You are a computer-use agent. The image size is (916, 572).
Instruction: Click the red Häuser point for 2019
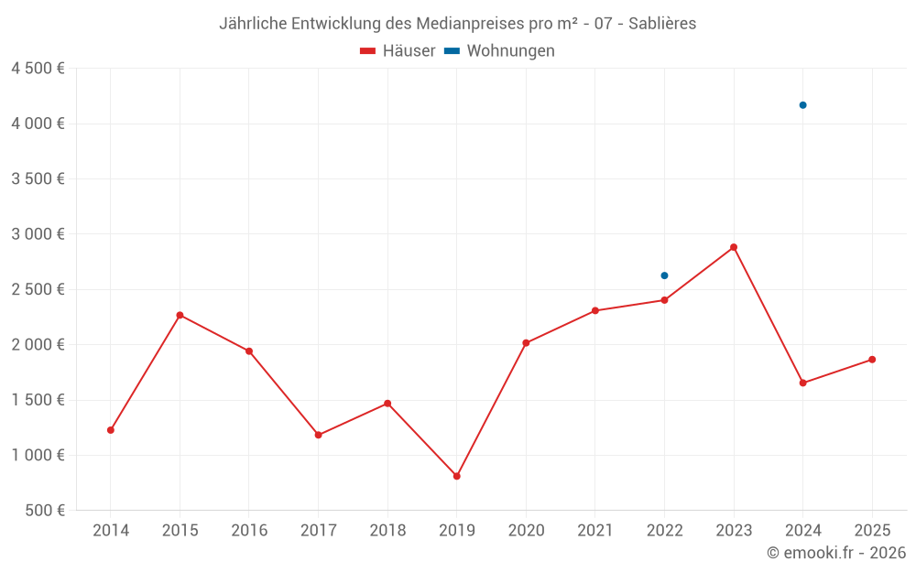pyautogui.click(x=456, y=476)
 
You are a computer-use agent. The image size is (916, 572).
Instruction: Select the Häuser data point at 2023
pyautogui.click(x=734, y=247)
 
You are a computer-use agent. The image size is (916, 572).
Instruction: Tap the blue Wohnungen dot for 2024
pyautogui.click(x=802, y=105)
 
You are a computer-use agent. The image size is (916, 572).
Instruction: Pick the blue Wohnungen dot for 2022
pyautogui.click(x=664, y=275)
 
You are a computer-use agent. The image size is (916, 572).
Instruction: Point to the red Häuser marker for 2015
pyautogui.click(x=180, y=315)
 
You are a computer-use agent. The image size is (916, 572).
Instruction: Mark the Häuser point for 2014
pyautogui.click(x=111, y=430)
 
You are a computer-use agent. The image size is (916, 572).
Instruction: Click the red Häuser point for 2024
pyautogui.click(x=802, y=383)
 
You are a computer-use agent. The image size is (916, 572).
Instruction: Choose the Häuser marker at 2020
pyautogui.click(x=526, y=343)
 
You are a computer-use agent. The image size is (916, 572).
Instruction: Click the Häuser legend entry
pyautogui.click(x=398, y=51)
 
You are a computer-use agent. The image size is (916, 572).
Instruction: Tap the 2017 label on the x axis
pyautogui.click(x=318, y=530)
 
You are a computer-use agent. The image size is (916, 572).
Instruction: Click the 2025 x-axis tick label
pyautogui.click(x=871, y=530)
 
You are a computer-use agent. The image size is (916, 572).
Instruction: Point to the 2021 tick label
pyautogui.click(x=594, y=530)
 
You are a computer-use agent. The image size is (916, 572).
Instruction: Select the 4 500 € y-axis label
pyautogui.click(x=38, y=69)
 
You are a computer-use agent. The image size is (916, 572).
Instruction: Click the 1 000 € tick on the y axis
pyautogui.click(x=38, y=455)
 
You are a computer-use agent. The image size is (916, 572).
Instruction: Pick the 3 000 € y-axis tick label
pyautogui.click(x=38, y=234)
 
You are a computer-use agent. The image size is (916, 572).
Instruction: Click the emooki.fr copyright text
pyautogui.click(x=835, y=553)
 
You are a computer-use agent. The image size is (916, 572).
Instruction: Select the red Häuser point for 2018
pyautogui.click(x=387, y=404)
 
